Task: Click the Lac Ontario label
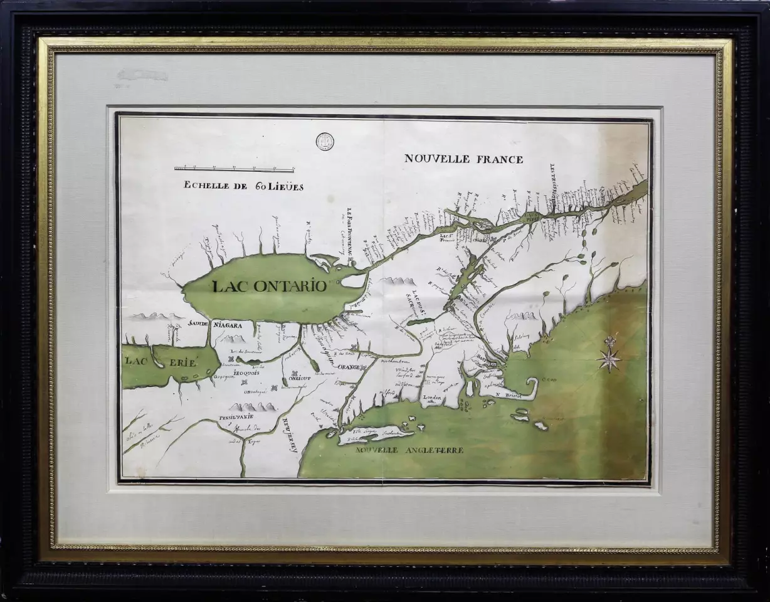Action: (x=270, y=287)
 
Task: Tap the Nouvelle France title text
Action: (x=463, y=159)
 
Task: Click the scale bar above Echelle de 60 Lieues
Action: (x=234, y=169)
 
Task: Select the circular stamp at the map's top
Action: (x=324, y=141)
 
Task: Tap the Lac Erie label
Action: (x=161, y=362)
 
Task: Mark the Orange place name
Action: (x=349, y=367)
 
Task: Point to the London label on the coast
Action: (x=433, y=398)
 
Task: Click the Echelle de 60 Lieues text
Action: (x=243, y=186)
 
